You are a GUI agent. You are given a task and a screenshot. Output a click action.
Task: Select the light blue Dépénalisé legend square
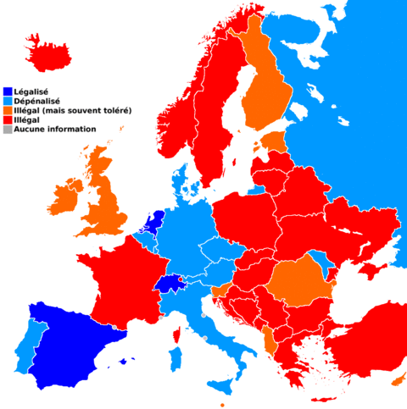(8, 101)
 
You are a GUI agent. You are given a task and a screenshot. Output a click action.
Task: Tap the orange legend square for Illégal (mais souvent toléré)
(8, 111)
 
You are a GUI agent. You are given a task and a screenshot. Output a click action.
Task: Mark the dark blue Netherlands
(153, 224)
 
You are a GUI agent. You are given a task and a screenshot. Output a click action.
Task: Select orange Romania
(301, 279)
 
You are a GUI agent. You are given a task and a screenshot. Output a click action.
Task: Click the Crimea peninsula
(371, 269)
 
